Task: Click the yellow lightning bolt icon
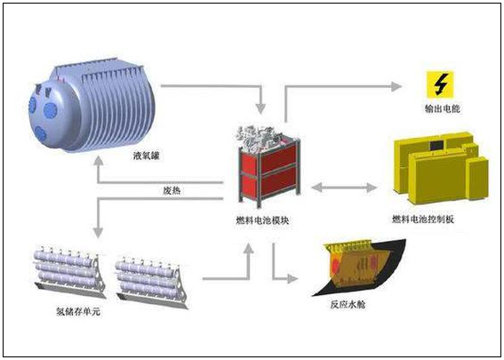(x=440, y=85)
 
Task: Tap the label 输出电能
(x=441, y=110)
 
